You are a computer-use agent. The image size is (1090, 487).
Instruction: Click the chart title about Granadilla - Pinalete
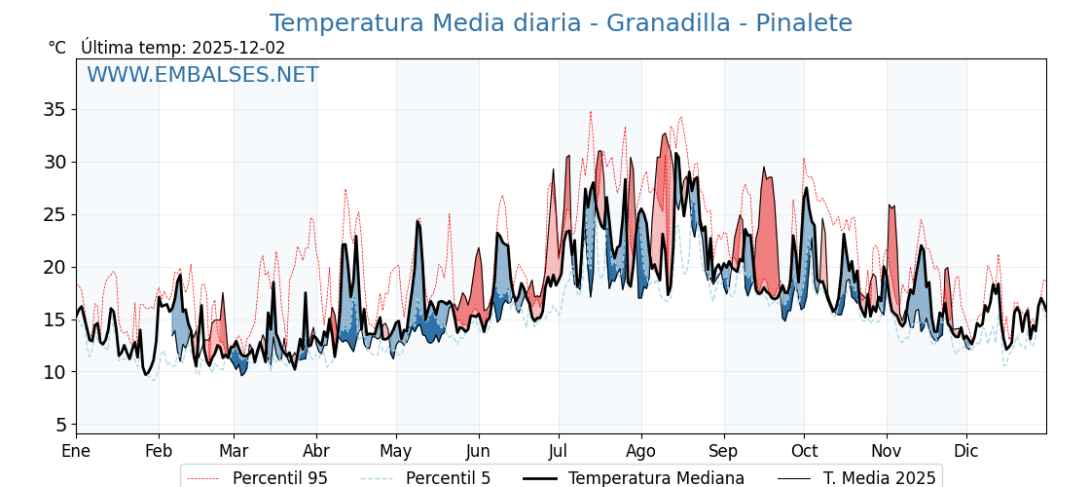point(561,23)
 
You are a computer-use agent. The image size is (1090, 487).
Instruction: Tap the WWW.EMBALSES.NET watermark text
point(202,75)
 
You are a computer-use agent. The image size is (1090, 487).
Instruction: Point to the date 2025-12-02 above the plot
point(238,48)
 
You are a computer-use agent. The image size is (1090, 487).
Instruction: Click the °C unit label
point(56,48)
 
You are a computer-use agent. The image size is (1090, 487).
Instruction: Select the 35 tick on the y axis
point(54,109)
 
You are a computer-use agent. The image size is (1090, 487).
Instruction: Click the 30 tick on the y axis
point(54,162)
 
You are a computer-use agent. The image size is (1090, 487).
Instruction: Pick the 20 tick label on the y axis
point(54,267)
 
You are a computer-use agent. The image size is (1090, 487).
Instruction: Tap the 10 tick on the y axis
point(54,372)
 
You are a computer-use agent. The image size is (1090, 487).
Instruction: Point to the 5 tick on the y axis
point(59,425)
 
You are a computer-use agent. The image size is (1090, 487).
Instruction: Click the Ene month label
point(76,451)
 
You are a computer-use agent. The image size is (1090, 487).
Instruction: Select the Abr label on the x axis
point(316,451)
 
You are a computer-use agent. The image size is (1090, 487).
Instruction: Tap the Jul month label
point(559,451)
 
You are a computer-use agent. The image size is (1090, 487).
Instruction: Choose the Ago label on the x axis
point(641,451)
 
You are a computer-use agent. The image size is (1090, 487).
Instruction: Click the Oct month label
point(804,451)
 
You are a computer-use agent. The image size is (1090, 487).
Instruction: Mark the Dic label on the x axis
point(966,451)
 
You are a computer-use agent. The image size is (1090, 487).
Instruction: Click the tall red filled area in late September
point(769,234)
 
